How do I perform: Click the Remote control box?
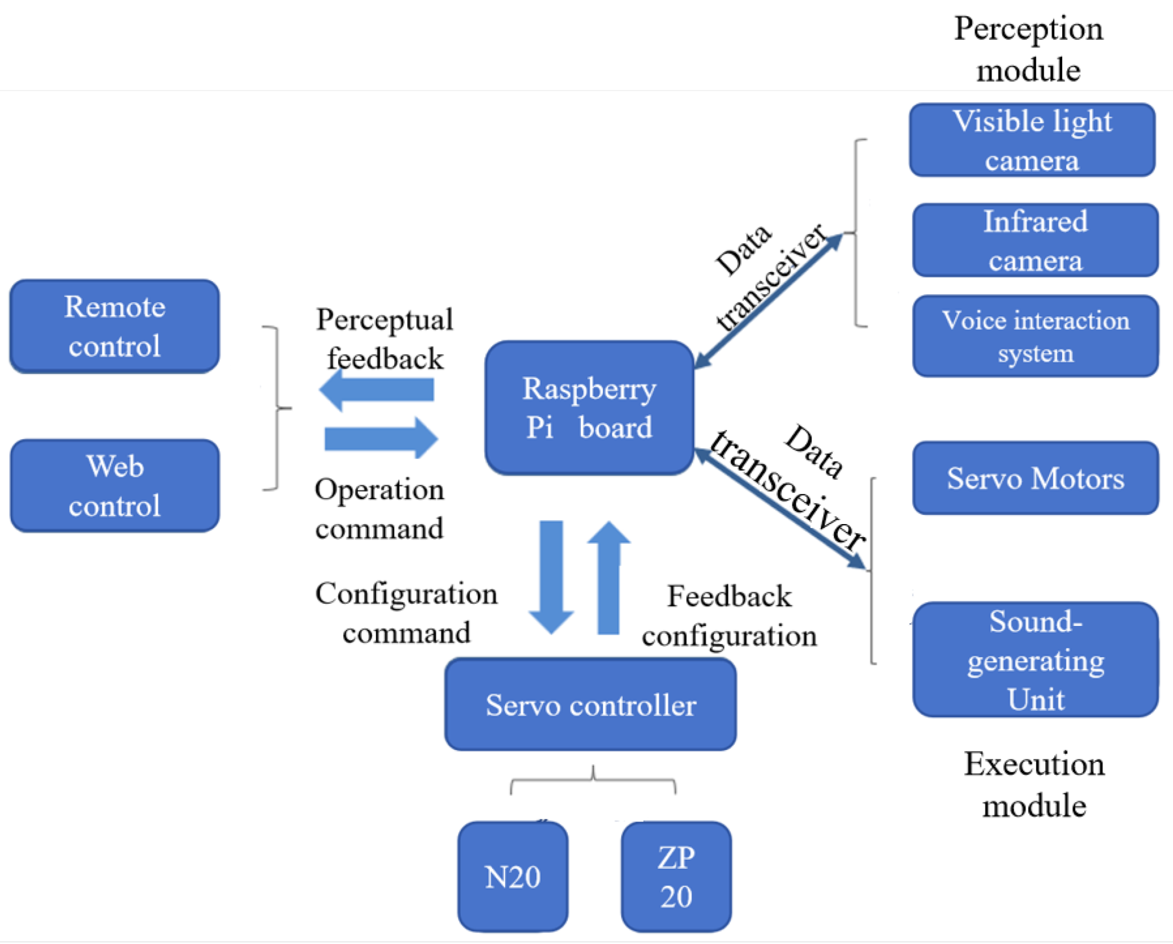pos(115,326)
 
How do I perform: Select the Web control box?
pos(115,486)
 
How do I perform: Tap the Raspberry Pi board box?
pos(589,407)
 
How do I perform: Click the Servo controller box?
pos(590,704)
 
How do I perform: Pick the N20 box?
pos(512,876)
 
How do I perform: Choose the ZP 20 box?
pos(676,876)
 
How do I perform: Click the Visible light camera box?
pos(1032,140)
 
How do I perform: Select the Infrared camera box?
pos(1035,240)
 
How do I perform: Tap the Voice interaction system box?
pos(1035,336)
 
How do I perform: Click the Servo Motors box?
pos(1035,478)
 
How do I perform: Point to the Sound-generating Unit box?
pos(1035,659)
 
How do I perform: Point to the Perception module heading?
pos(1028,49)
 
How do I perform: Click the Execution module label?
pos(1034,784)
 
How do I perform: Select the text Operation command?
pos(379,508)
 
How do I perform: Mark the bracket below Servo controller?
pos(593,781)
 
